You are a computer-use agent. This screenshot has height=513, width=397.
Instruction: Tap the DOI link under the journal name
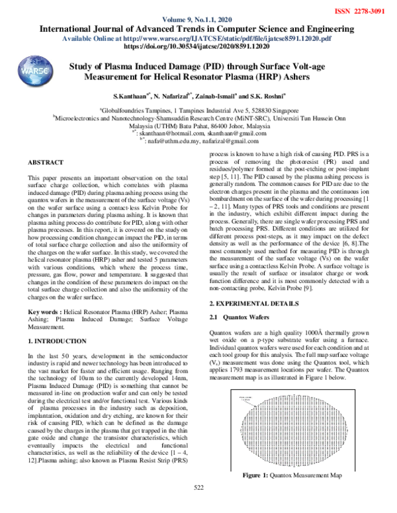[198, 48]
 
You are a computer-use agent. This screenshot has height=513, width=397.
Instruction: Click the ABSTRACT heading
[46, 161]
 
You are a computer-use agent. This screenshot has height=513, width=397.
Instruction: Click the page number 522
[198, 506]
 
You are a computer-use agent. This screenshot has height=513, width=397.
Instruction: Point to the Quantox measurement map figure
[292, 428]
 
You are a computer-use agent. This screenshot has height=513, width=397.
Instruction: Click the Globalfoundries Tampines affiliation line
[198, 112]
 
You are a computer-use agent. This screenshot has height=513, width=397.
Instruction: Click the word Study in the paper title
[83, 67]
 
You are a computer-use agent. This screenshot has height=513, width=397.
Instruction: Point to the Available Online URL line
[198, 39]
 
